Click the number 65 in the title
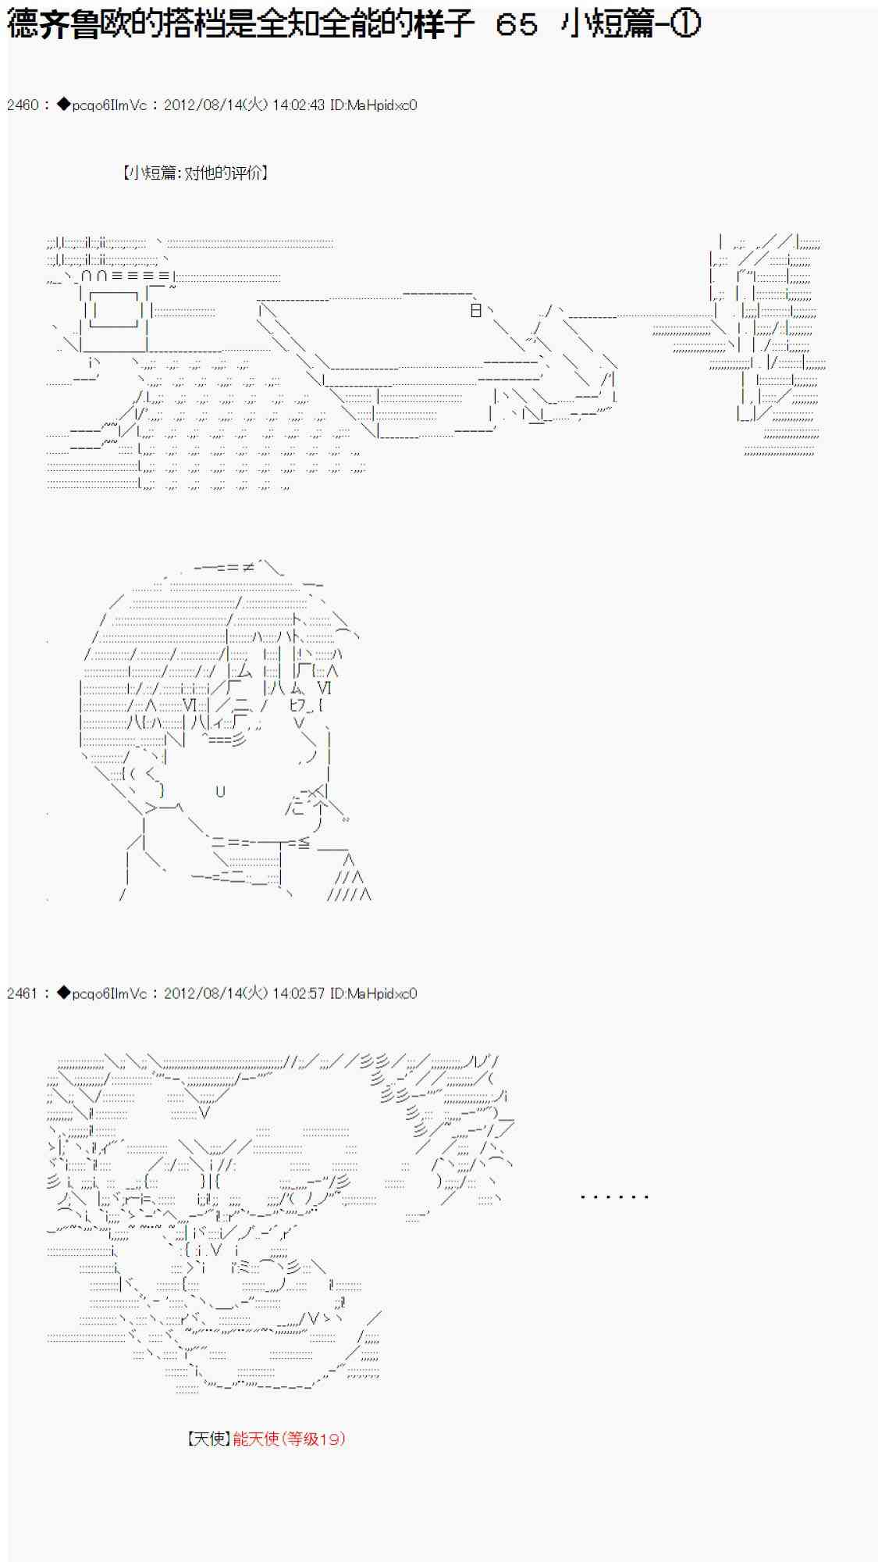click(517, 24)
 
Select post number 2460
click(23, 105)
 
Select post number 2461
click(23, 993)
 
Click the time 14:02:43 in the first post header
click(299, 105)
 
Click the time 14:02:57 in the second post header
click(299, 993)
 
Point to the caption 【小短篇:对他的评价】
click(195, 173)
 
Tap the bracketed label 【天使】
click(209, 1438)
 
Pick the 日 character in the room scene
click(476, 310)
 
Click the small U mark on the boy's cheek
click(220, 791)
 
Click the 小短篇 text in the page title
click(606, 24)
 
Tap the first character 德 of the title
click(23, 24)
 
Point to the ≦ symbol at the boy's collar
click(303, 843)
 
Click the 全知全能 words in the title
click(319, 24)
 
